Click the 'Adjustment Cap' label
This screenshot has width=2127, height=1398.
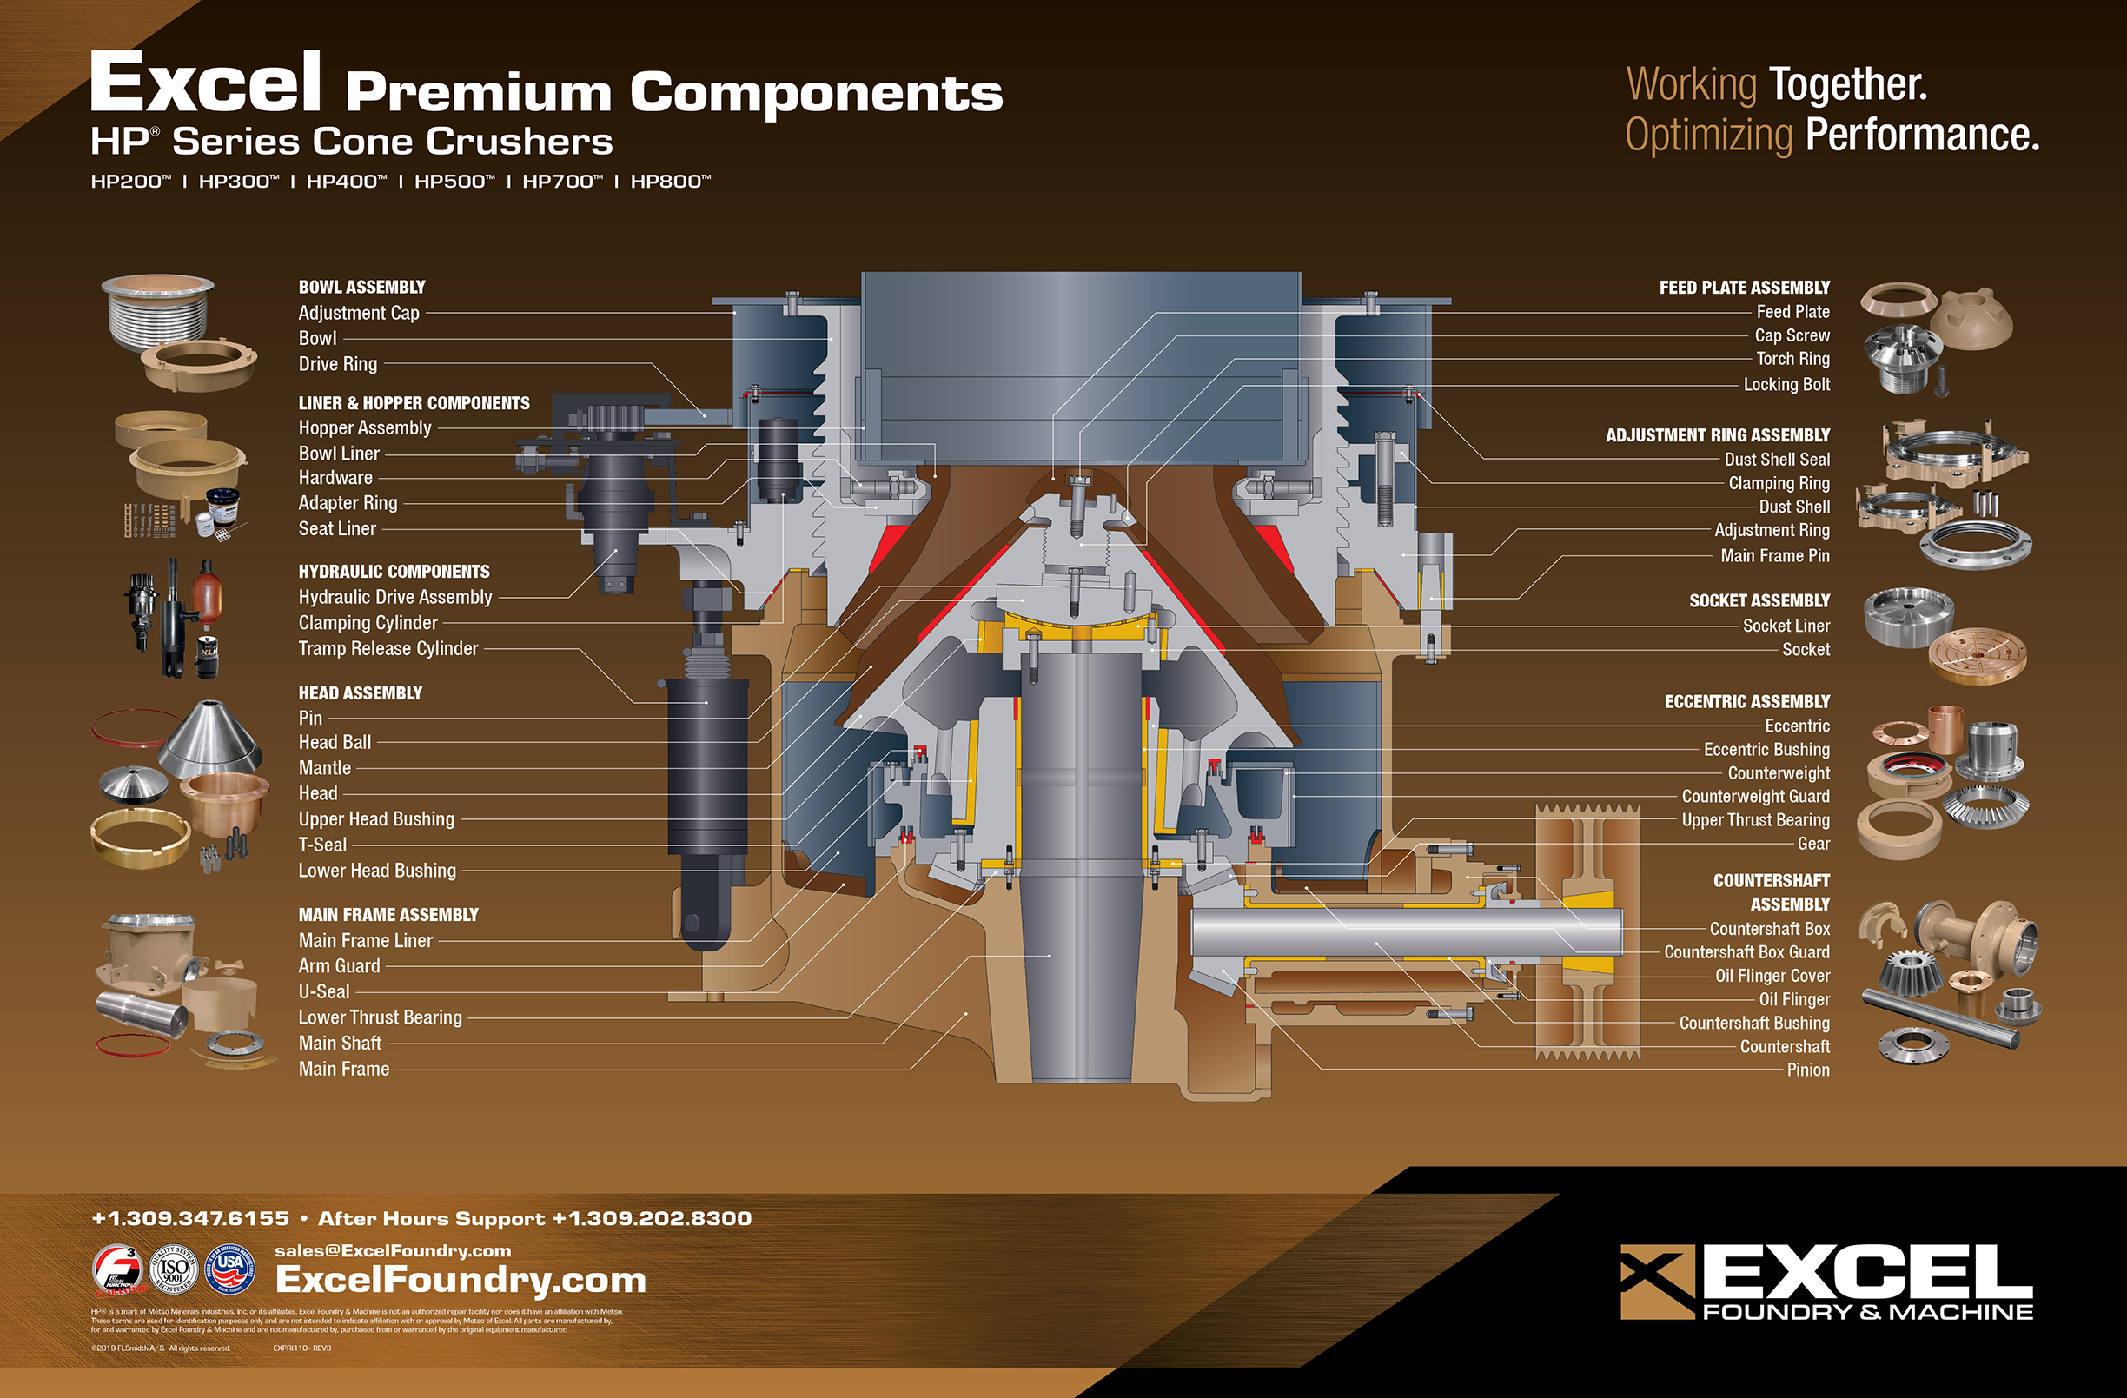point(358,313)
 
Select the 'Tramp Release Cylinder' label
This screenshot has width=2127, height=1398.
point(388,648)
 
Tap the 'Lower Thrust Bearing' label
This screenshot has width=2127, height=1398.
point(380,1017)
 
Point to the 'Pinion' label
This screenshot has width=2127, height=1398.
point(1807,1070)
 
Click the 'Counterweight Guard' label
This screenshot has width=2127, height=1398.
point(1755,797)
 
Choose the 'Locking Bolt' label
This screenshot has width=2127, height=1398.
point(1786,384)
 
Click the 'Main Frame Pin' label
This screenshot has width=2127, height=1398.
point(1775,556)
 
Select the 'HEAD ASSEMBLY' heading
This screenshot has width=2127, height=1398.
point(361,692)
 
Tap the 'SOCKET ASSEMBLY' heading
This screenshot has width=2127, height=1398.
point(1759,600)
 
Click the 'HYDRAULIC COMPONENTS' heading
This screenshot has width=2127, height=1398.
point(394,571)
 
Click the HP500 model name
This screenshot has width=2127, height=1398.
point(453,182)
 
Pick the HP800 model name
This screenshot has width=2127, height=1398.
point(669,182)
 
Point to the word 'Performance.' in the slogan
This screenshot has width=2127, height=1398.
point(1921,135)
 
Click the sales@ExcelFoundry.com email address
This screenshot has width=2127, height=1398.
point(393,1250)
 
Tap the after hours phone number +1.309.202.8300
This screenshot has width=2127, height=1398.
point(652,1218)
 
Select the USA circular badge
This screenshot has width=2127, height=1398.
point(229,1269)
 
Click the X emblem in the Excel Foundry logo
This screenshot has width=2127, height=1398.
point(1657,1281)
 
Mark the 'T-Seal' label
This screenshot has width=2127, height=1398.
point(321,845)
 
